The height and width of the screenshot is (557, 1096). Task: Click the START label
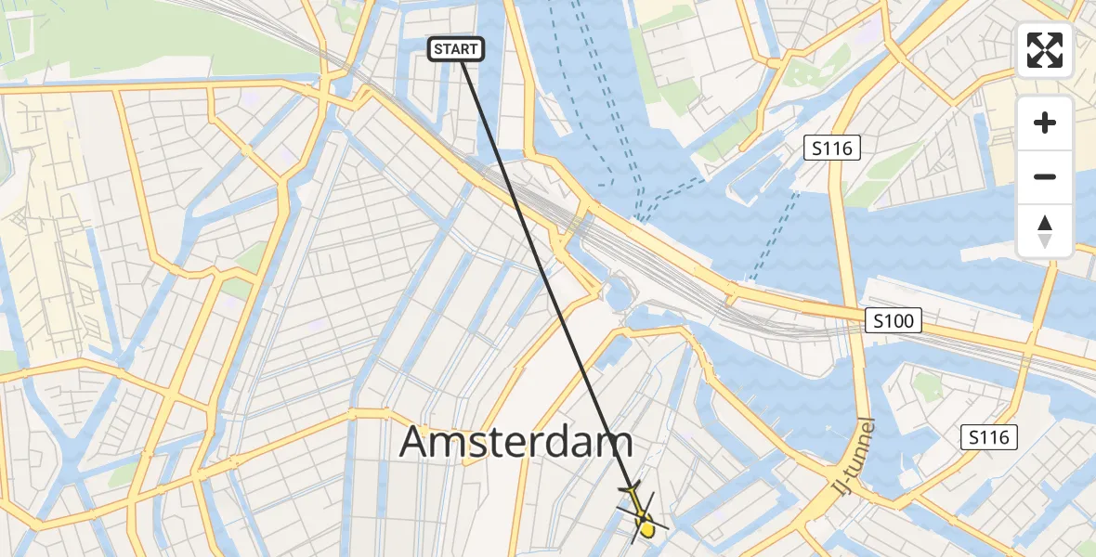tap(455, 49)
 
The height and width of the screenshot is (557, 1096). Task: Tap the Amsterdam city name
tap(516, 443)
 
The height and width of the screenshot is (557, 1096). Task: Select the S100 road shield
tap(894, 321)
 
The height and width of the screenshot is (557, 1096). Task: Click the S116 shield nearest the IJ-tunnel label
tap(989, 437)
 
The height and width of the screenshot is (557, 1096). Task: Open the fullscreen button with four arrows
tap(1045, 50)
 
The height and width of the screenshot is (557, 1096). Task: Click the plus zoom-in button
tap(1045, 123)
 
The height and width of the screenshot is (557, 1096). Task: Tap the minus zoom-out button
tap(1045, 176)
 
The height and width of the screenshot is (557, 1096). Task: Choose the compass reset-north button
tap(1045, 231)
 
